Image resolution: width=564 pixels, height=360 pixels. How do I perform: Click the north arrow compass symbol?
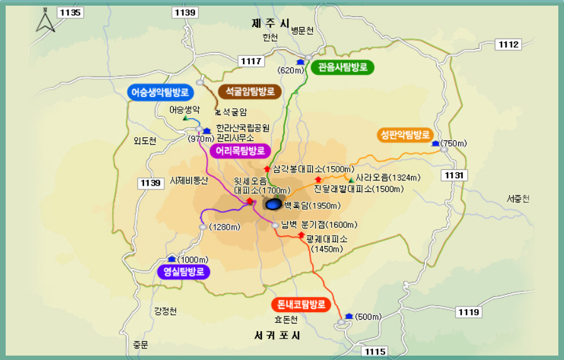click(x=45, y=21)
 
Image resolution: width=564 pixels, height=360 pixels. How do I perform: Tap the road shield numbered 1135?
click(x=69, y=13)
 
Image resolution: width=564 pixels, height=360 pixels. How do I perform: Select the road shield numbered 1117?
click(x=251, y=60)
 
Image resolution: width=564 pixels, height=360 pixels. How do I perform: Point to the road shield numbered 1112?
click(x=508, y=44)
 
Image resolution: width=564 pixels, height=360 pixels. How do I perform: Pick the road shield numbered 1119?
click(x=468, y=312)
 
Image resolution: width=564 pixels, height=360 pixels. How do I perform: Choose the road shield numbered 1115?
click(x=376, y=351)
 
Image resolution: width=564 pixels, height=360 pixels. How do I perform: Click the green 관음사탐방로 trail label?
click(x=342, y=67)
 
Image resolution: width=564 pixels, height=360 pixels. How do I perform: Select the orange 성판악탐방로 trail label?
click(x=405, y=135)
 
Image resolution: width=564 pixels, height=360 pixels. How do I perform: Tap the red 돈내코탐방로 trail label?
click(x=301, y=305)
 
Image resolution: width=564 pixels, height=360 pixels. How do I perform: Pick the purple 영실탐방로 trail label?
click(x=183, y=272)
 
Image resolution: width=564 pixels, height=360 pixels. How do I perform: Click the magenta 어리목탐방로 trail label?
click(x=240, y=150)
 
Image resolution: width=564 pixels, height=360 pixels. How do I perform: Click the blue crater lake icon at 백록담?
click(x=273, y=204)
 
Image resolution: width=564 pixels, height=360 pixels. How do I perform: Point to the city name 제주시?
click(x=270, y=23)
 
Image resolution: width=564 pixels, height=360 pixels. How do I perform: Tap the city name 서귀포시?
click(x=278, y=335)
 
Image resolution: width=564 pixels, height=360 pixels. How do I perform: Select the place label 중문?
click(x=140, y=344)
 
